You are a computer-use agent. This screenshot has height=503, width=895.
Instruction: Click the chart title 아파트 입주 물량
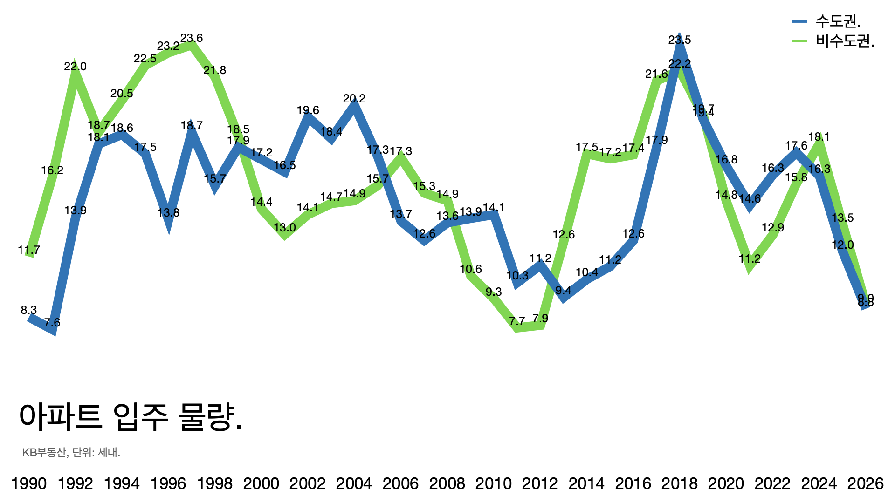(131, 416)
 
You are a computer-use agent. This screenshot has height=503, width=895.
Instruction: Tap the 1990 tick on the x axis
(29, 483)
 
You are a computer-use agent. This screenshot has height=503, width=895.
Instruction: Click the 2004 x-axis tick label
(354, 483)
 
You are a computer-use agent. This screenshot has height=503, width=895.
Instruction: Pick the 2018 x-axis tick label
(679, 483)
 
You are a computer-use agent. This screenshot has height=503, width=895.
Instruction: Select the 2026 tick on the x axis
(865, 483)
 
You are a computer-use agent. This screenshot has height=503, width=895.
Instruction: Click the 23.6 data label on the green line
(192, 38)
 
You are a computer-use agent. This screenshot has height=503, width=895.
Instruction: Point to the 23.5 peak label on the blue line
(680, 40)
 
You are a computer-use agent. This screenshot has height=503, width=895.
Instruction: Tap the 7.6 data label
(52, 322)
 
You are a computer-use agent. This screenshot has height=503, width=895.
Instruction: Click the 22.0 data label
(76, 67)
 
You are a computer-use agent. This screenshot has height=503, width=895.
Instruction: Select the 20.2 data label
(354, 99)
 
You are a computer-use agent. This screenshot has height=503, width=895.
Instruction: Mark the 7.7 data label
(517, 321)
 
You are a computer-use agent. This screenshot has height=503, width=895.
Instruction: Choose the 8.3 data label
(29, 310)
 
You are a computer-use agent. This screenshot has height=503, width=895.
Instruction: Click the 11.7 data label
(29, 250)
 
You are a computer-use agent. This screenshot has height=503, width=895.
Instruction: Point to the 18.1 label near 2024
(819, 137)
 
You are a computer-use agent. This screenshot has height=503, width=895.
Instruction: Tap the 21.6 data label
(656, 74)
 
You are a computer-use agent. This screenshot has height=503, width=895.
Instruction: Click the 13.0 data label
(285, 228)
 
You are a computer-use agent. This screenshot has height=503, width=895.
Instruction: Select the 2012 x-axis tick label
(540, 483)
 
